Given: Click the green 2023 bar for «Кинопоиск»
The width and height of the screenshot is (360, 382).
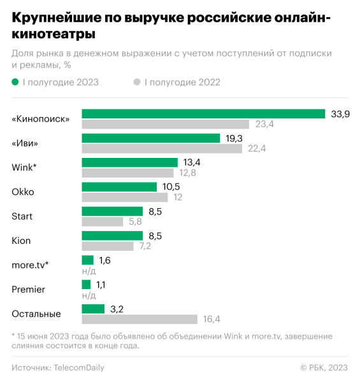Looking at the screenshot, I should [203, 114].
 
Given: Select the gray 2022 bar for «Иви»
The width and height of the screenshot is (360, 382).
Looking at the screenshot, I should [162, 148].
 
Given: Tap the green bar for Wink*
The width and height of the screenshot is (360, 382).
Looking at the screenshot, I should [129, 162].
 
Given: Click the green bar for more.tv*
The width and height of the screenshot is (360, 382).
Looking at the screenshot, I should [88, 260].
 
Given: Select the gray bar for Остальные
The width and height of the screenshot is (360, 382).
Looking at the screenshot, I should [140, 319].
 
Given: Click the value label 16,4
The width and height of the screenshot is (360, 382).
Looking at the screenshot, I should [211, 320].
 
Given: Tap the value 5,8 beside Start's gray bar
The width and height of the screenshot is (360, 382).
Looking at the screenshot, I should [136, 222].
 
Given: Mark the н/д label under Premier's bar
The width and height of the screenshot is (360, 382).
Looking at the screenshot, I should [89, 295].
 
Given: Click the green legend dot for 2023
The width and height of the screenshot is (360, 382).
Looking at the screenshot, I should [15, 81].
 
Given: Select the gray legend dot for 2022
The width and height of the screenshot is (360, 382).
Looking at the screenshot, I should [137, 81].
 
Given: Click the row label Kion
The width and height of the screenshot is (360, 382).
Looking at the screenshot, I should [21, 241].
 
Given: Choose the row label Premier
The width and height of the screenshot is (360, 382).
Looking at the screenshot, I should [29, 290].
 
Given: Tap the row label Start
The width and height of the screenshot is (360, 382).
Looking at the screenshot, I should [22, 216].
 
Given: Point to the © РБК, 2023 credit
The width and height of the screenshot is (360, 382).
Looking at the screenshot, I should [324, 367].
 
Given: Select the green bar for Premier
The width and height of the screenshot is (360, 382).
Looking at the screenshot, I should [86, 285].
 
